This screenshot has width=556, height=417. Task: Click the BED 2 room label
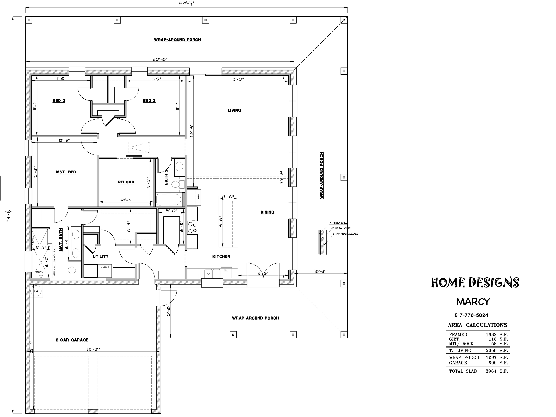(x=59, y=101)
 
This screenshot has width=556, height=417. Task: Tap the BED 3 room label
(x=149, y=101)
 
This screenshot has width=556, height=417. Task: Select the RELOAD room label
(x=126, y=182)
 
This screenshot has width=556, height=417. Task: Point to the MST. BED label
(x=66, y=172)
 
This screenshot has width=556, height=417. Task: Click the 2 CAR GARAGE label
(x=72, y=340)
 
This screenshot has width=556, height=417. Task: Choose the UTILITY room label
(x=101, y=256)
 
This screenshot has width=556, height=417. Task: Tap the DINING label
(x=267, y=212)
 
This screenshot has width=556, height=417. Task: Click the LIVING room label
(x=234, y=110)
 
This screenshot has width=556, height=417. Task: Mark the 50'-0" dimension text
(x=160, y=60)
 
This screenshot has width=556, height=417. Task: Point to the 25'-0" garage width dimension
(x=93, y=349)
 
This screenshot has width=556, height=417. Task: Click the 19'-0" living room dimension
(x=237, y=79)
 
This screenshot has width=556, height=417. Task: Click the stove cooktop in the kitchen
(x=193, y=228)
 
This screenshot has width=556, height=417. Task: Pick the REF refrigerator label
(x=198, y=196)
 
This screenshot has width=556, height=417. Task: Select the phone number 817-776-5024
(x=471, y=315)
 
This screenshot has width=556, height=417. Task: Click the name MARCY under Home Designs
(x=473, y=302)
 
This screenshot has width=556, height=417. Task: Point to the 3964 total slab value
(x=491, y=371)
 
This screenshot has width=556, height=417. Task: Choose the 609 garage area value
(x=492, y=363)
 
